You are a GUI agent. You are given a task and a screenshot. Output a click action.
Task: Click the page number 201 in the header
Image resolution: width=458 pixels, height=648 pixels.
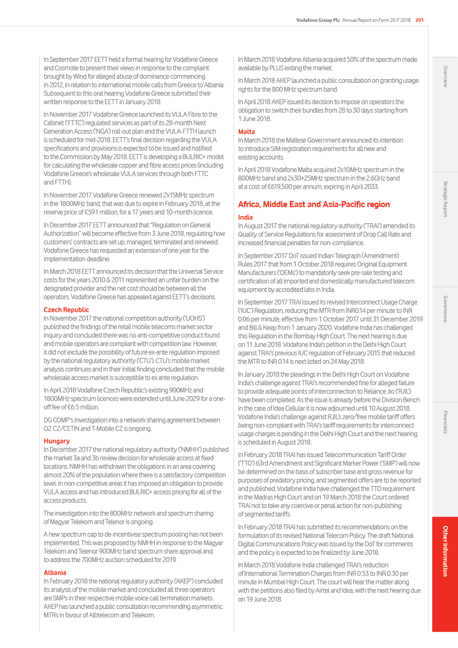tap(419, 20)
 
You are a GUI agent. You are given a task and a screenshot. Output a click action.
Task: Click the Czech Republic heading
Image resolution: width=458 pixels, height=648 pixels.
tap(66, 310)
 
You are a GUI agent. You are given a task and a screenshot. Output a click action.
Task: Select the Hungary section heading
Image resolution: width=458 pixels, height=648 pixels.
tap(57, 441)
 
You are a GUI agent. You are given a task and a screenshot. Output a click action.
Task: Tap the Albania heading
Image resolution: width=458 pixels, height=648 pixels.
tap(55, 573)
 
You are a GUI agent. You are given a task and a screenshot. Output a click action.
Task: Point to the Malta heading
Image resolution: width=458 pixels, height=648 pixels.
tap(246, 132)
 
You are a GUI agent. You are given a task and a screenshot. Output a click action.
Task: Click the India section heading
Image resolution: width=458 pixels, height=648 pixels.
tap(245, 217)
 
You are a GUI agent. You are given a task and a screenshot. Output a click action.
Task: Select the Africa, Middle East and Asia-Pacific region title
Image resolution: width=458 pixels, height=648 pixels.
tap(314, 205)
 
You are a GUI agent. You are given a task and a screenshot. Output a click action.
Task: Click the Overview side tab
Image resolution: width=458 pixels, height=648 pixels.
tap(445, 76)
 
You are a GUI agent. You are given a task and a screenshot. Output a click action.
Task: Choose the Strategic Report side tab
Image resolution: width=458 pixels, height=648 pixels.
tap(445, 199)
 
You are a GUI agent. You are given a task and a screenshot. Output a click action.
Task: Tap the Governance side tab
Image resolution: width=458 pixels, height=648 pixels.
tap(445, 309)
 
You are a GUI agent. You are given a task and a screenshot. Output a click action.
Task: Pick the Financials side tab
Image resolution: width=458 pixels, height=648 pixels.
tap(445, 422)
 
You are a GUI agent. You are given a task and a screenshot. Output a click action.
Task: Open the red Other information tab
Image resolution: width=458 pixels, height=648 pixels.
tap(445, 551)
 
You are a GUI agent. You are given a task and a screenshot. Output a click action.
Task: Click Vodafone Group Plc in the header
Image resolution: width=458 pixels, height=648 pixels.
tap(318, 20)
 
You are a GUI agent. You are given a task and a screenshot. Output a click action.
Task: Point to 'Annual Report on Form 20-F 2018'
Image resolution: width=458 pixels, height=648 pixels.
tap(376, 20)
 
